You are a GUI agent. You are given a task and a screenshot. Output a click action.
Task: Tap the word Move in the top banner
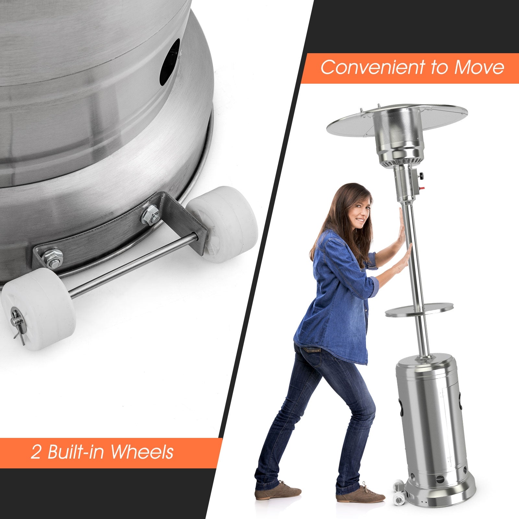[x=479, y=67]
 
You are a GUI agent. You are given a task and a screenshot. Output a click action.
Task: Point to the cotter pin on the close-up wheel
[x=17, y=326]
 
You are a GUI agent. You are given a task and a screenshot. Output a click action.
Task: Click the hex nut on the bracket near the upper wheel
[x=150, y=215]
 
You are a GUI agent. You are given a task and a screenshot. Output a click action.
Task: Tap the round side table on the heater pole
[x=419, y=309]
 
